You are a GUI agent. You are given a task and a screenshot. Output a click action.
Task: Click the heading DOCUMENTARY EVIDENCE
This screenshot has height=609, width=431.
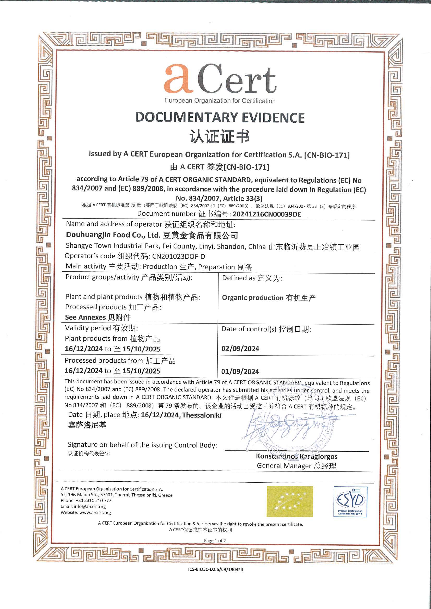click(x=220, y=117)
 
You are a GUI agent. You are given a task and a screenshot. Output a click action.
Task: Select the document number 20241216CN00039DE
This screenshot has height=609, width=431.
click(x=267, y=214)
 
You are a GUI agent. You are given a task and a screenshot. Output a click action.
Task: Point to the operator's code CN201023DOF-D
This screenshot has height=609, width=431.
click(x=178, y=256)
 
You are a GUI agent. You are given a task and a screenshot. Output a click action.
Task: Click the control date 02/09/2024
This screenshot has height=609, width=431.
click(x=240, y=349)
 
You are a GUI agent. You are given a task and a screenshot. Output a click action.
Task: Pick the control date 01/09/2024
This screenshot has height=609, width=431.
click(x=240, y=371)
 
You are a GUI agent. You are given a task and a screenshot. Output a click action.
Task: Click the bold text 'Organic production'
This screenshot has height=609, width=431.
click(x=253, y=298)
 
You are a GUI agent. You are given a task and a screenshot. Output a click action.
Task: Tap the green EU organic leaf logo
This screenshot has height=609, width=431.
click(x=290, y=501)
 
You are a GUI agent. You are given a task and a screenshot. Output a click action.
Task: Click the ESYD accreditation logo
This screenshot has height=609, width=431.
click(x=350, y=501)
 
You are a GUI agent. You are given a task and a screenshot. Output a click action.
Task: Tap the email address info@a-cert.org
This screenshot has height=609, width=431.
click(x=90, y=506)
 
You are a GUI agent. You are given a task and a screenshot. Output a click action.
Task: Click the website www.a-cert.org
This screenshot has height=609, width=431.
click(x=95, y=512)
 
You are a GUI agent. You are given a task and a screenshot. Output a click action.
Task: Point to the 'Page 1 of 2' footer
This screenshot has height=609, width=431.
click(x=215, y=540)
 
